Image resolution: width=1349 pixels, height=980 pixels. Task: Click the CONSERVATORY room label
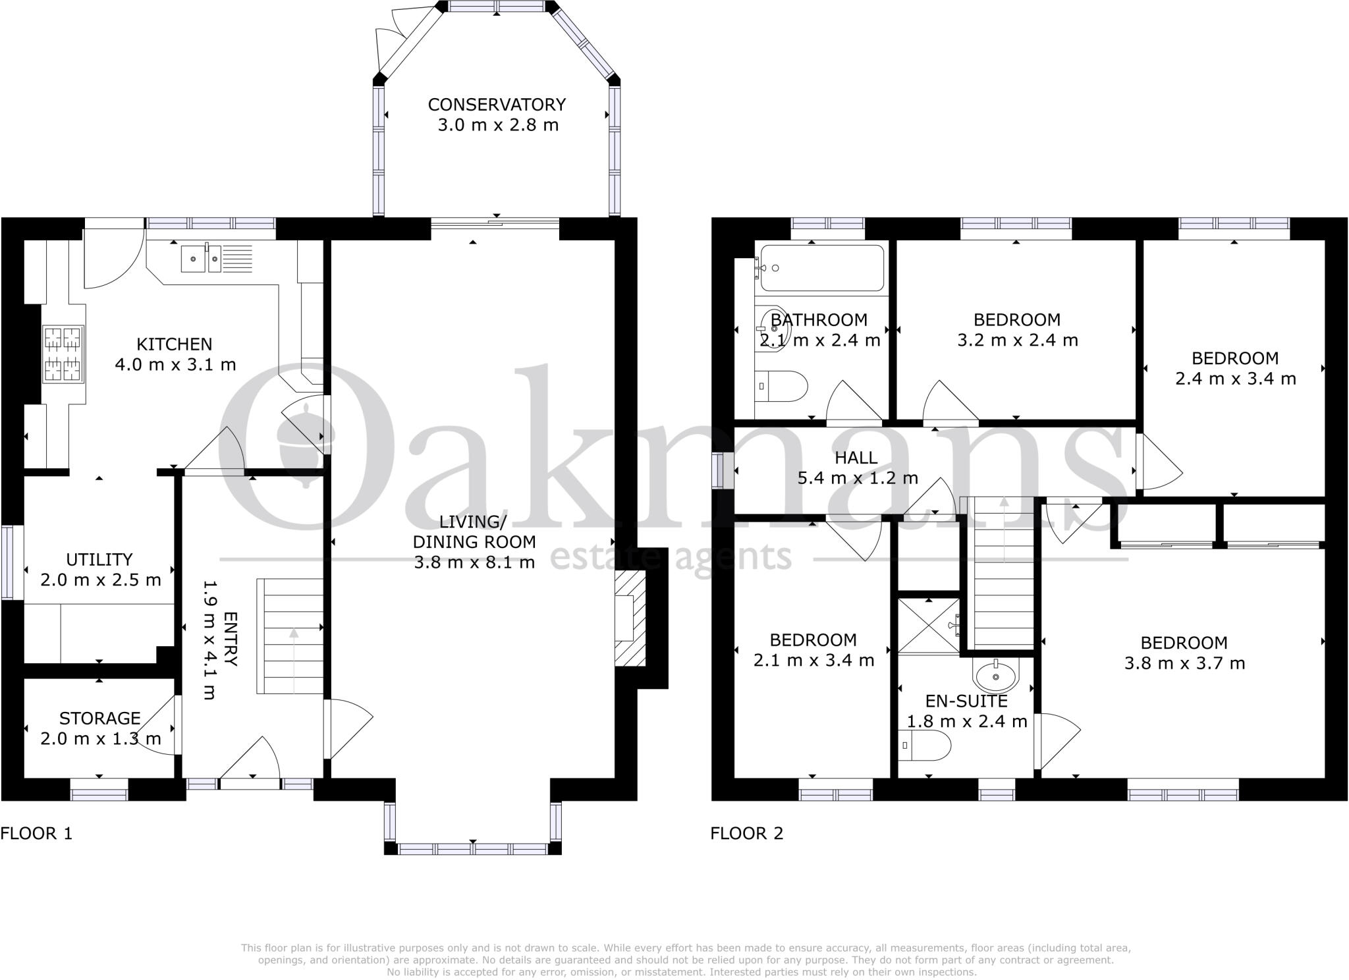click(x=497, y=105)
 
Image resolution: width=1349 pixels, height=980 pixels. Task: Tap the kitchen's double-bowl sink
click(x=202, y=258)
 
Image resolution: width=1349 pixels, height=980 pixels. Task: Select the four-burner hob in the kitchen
click(x=63, y=354)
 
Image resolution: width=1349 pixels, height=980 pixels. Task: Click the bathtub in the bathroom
click(x=821, y=268)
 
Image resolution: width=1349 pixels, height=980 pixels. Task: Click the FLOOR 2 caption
click(x=746, y=833)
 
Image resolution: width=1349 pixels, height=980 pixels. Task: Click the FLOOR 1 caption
click(x=36, y=833)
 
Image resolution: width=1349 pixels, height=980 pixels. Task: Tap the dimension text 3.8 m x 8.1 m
click(x=474, y=562)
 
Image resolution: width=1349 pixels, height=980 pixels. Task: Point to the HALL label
click(x=856, y=457)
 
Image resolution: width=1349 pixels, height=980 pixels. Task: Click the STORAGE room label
click(x=100, y=718)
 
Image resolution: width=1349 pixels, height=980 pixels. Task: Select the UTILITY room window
click(x=8, y=562)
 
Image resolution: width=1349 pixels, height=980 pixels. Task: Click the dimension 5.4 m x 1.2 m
click(x=858, y=478)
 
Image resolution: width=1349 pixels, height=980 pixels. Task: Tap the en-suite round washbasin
click(x=995, y=674)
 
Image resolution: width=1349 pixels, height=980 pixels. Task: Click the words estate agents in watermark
click(x=670, y=557)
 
